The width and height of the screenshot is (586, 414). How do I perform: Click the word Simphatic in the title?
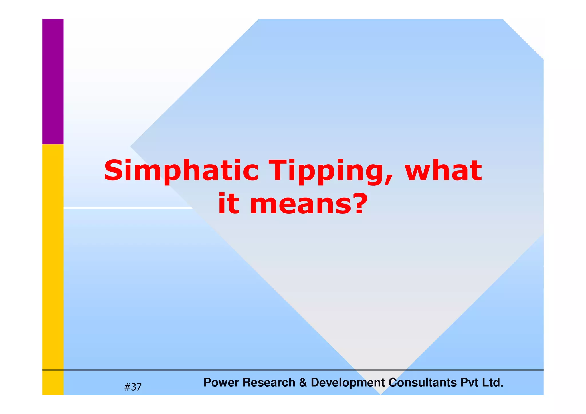pos(181,171)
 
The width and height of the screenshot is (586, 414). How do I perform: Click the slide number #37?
pos(133,387)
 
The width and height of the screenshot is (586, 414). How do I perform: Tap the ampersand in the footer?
pos(303,383)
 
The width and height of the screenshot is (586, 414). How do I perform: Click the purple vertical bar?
pos(53,82)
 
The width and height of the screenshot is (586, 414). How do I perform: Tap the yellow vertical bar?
pos(53,257)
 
